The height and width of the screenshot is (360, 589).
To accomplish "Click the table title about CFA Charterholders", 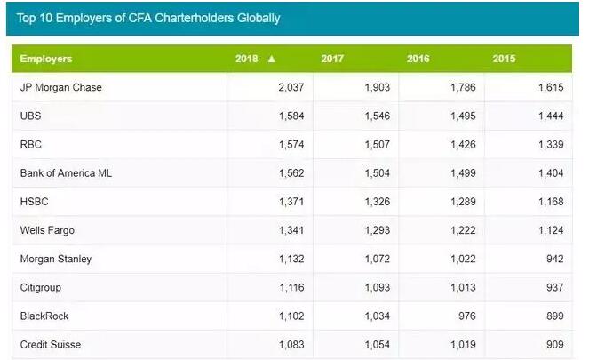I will [147, 18].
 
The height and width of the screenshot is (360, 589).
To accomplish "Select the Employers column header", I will [46, 59].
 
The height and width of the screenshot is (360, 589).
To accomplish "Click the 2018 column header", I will [247, 59].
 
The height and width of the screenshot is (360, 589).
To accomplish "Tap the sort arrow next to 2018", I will [272, 59].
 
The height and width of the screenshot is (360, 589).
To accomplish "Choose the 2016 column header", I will [418, 59].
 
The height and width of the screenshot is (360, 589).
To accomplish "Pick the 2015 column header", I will [505, 59].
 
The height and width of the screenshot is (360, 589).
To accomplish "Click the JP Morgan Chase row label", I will [61, 87].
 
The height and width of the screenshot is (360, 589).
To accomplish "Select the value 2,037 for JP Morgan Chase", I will [289, 87].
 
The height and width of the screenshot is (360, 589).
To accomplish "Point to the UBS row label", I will [30, 116].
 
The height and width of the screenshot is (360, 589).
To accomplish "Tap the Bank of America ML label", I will [66, 172].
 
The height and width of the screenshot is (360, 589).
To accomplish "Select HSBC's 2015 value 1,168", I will [546, 202].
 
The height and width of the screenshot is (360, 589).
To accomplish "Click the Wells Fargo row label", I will [47, 230].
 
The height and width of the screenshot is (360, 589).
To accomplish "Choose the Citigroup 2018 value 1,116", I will [289, 287].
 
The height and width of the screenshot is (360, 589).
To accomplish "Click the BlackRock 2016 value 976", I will [466, 316].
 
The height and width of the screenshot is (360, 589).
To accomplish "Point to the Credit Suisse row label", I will [51, 344].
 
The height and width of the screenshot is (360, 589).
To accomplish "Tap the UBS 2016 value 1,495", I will [460, 116].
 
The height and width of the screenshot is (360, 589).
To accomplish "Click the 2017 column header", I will [332, 59].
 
